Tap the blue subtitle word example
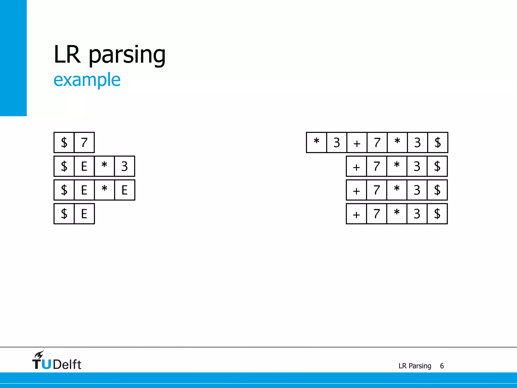coord(87,80)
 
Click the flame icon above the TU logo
coord(39,355)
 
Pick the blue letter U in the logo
coord(46,364)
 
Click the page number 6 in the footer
coord(442,366)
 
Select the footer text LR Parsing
coord(415,366)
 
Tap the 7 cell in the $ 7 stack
coord(84,142)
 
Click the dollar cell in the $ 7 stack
coord(64,142)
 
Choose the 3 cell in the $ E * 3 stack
coord(124,166)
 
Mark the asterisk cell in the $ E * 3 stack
coord(104,166)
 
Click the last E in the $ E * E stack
coord(124,190)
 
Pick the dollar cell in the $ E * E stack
coord(64,190)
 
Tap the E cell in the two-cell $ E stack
coord(84,214)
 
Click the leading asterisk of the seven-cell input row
coord(317,142)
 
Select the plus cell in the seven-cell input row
coord(357,142)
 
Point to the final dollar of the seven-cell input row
coord(437,142)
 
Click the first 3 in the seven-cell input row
coord(337,142)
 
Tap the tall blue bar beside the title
coord(13,58)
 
